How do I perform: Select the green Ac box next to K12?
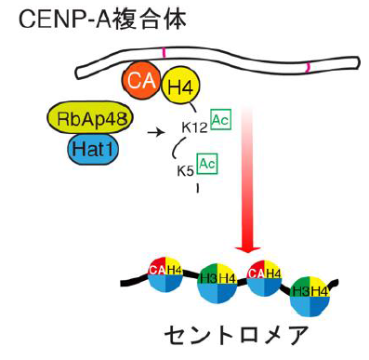point(220,121)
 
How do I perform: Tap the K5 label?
point(186,171)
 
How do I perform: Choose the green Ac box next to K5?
point(208,164)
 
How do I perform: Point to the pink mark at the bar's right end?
point(308,67)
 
